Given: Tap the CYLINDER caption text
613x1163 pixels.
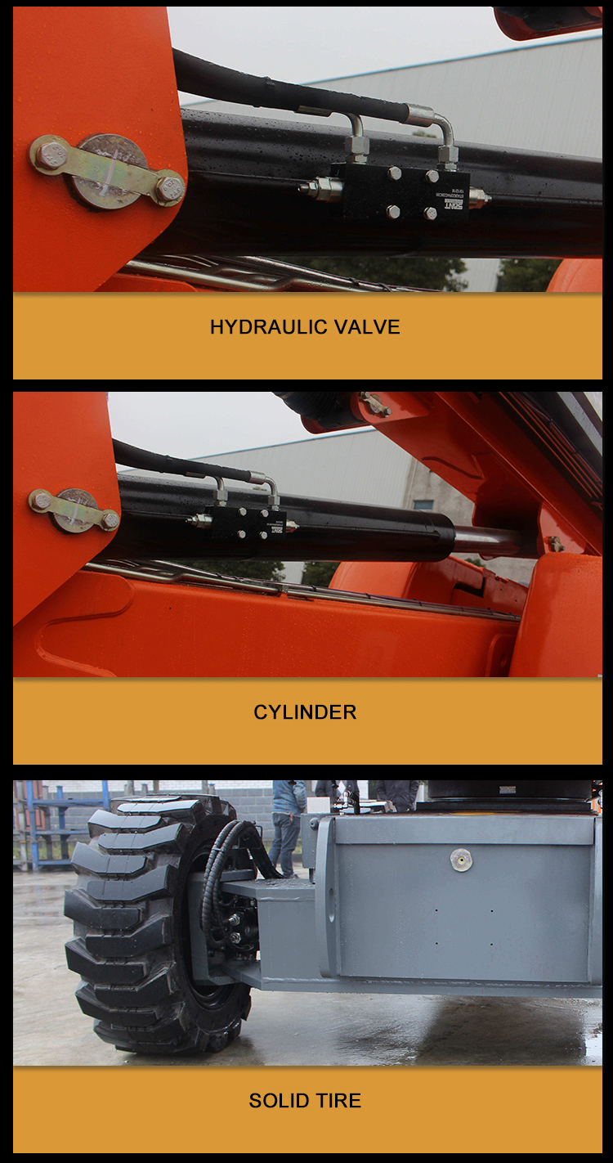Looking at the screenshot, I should (x=305, y=712).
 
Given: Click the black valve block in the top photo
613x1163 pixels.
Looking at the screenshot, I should (x=400, y=192).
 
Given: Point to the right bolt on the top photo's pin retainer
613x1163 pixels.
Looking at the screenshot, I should (x=169, y=189).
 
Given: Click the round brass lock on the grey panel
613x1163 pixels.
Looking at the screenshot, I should (x=461, y=860).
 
